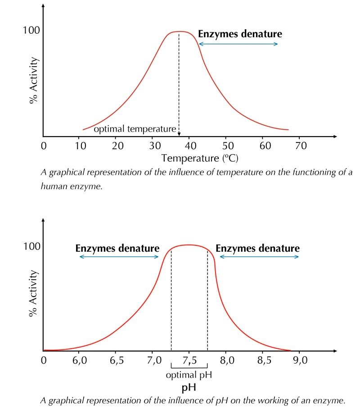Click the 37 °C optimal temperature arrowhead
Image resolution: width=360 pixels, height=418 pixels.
(x=179, y=134)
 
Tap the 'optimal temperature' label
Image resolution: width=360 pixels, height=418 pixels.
(x=135, y=129)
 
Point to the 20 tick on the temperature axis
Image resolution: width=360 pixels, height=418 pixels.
(x=118, y=146)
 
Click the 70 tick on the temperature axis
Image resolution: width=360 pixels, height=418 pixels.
(x=300, y=146)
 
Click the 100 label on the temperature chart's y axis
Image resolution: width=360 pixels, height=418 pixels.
(x=31, y=31)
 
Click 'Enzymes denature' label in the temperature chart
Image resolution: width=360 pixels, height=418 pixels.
(x=240, y=34)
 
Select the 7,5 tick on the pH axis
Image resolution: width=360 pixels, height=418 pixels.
(x=189, y=361)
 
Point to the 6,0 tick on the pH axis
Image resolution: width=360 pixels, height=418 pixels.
(x=79, y=361)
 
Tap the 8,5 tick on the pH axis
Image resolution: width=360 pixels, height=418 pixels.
(x=263, y=361)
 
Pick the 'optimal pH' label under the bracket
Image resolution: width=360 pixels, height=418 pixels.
(x=189, y=374)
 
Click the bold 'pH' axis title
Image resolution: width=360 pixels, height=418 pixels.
(x=189, y=387)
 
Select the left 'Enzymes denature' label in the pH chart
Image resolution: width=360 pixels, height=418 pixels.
(x=117, y=249)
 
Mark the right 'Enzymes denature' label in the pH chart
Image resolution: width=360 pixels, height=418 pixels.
(x=257, y=249)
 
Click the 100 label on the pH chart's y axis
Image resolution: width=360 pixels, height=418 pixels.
(x=31, y=246)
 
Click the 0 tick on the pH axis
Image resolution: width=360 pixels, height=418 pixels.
(x=44, y=361)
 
